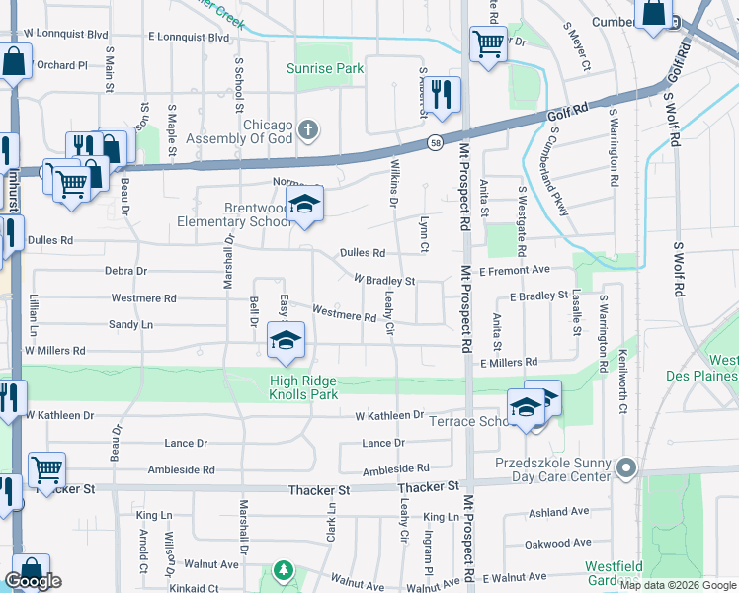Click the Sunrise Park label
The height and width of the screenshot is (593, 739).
325,68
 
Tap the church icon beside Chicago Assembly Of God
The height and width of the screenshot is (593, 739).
308,129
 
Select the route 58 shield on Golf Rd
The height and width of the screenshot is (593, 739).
435,144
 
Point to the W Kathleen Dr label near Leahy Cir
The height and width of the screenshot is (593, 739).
390,415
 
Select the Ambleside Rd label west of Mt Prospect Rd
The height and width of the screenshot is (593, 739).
395,468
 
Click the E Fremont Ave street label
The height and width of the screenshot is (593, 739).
514,269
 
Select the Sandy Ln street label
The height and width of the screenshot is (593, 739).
131,324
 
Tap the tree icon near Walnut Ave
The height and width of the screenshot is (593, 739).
284,570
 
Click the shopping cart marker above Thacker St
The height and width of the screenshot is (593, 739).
46,469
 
